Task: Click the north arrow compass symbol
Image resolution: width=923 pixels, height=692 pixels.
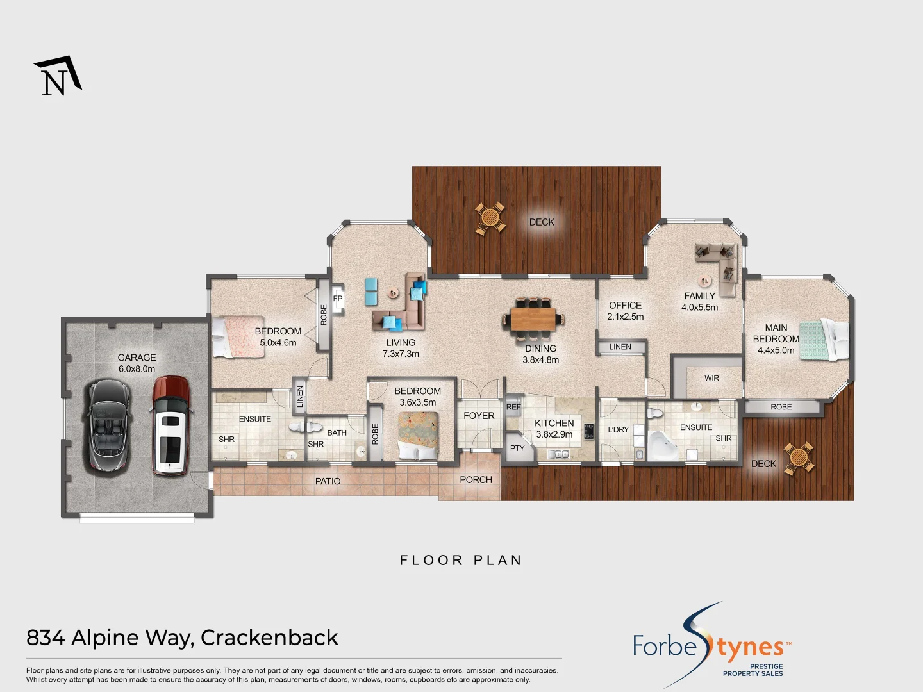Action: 58,76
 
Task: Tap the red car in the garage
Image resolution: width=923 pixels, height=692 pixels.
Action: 170,425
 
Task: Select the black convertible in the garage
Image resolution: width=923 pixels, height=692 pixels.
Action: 109,425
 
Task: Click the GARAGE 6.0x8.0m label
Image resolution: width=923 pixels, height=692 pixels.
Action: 137,363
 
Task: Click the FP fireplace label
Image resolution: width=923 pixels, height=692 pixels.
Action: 338,299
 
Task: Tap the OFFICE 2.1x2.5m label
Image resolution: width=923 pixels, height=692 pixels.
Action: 625,311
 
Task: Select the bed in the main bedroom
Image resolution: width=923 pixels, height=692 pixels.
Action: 824,340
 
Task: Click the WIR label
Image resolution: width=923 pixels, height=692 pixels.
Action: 711,378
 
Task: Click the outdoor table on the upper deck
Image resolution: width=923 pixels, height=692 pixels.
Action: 490,218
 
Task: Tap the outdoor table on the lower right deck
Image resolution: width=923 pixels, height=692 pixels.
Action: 799,457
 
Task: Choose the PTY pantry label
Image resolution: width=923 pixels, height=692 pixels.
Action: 517,449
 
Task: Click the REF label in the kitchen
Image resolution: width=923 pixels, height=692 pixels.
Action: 513,407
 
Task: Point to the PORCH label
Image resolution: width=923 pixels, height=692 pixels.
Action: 476,480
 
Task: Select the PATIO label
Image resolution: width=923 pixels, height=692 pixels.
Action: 328,481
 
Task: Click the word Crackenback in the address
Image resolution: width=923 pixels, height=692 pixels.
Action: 269,638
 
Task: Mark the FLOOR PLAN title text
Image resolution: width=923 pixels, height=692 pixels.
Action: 461,561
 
